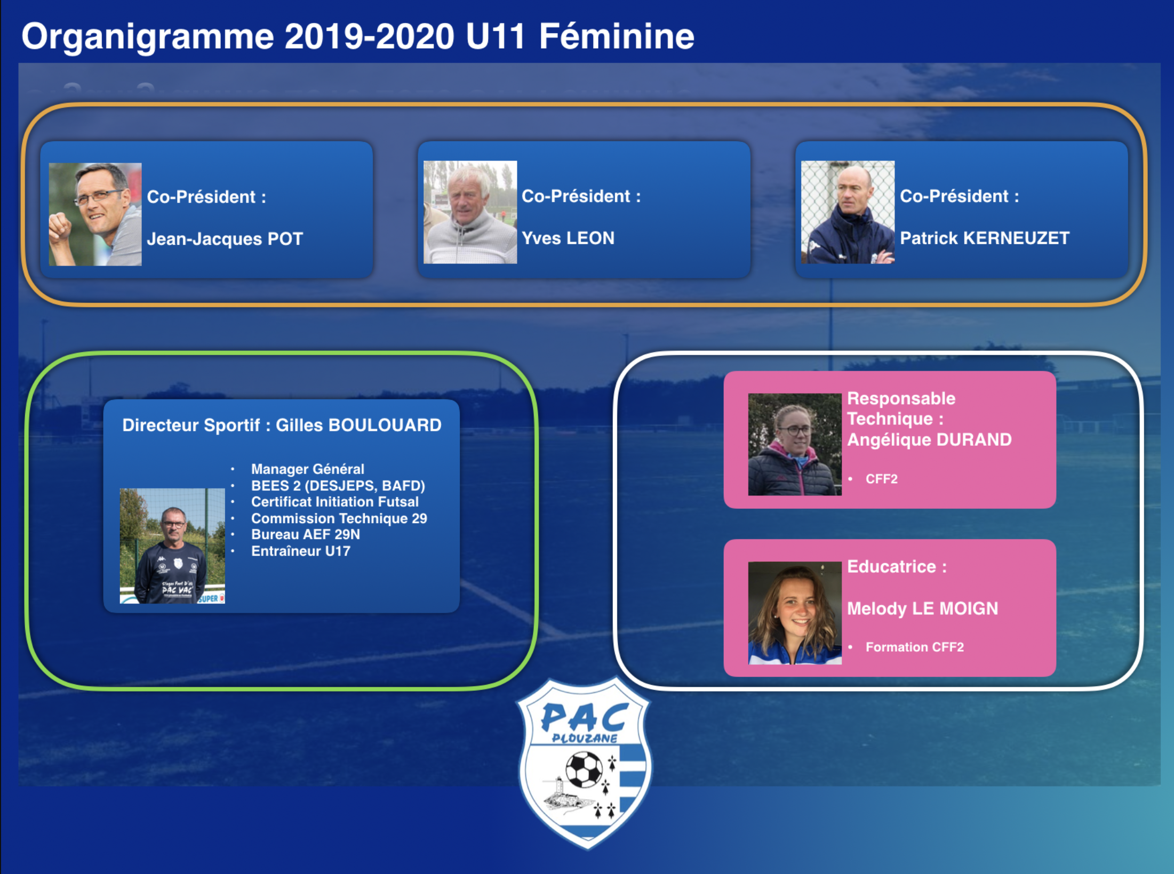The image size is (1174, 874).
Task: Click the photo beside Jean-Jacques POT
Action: point(95,214)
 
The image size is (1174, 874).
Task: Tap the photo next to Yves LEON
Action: point(470,212)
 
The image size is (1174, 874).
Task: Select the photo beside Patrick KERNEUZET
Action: point(848,212)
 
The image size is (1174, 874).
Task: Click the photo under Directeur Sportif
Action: point(172,546)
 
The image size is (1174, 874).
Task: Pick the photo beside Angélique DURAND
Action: point(795,445)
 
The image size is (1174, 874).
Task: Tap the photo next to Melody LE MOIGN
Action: point(795,613)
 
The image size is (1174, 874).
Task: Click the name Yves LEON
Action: point(568,238)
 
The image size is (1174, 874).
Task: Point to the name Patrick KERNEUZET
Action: point(985,238)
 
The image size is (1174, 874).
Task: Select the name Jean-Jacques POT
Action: point(225,239)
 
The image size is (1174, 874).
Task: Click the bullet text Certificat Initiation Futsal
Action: point(335,502)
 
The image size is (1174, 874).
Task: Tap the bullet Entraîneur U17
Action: point(301,551)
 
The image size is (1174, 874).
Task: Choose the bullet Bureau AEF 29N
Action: point(306,534)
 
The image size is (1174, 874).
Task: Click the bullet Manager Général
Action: point(308,469)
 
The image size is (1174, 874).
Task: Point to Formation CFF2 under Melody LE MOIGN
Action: point(915,647)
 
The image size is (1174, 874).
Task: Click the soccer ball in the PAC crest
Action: point(584,769)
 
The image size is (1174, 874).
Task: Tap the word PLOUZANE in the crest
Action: point(585,739)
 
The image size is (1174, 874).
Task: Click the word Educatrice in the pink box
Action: point(892,566)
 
